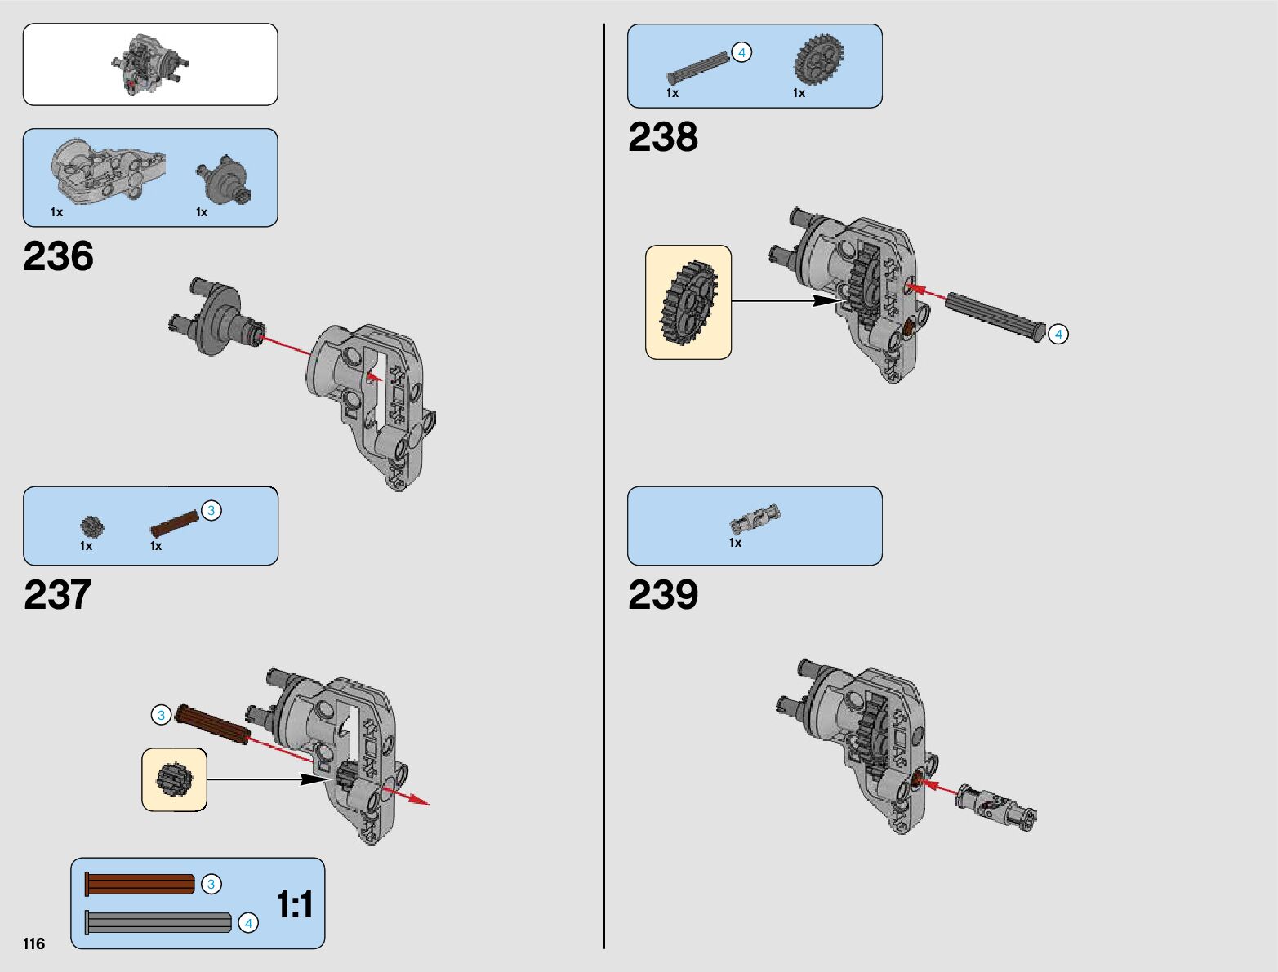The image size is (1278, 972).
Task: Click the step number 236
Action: (x=59, y=256)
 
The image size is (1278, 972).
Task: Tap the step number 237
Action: (x=58, y=595)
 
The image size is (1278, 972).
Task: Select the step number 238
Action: (x=663, y=137)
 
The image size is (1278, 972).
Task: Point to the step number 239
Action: (x=663, y=595)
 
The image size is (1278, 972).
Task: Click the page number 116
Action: (x=34, y=943)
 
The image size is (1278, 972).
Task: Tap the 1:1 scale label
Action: (x=295, y=904)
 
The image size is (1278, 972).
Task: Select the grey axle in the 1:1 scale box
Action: (x=158, y=922)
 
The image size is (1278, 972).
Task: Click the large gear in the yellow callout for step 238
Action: (x=688, y=302)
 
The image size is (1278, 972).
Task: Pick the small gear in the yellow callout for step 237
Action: (x=173, y=779)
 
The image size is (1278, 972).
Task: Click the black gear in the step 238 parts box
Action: (x=818, y=60)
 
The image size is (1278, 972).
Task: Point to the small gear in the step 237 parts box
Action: (x=91, y=526)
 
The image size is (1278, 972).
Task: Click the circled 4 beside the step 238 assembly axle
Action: (x=1058, y=334)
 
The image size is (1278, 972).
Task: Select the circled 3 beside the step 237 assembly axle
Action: (x=161, y=715)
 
